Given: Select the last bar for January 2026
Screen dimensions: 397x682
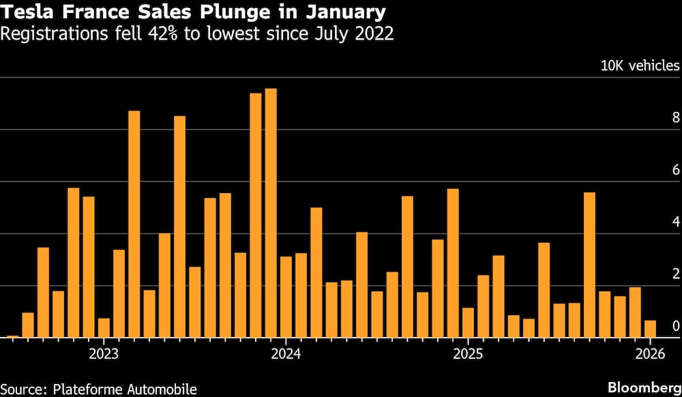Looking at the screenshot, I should point(651,329).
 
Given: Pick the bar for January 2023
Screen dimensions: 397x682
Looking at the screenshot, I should point(104,327).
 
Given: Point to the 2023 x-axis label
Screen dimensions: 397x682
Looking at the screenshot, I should point(104,354).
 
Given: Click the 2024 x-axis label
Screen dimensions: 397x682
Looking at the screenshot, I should point(286,354).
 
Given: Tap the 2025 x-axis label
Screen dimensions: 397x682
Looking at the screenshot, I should point(468,354).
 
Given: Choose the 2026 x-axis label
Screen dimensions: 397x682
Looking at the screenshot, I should point(650,354).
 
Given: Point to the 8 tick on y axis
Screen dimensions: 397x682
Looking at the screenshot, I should point(676,118).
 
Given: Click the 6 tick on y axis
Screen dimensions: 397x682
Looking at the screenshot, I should point(676,170).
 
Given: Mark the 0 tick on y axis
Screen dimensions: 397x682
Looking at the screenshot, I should point(676,326).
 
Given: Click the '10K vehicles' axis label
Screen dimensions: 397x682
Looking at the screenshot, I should point(640,66).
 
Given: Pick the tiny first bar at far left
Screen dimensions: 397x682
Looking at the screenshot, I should point(12,336).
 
